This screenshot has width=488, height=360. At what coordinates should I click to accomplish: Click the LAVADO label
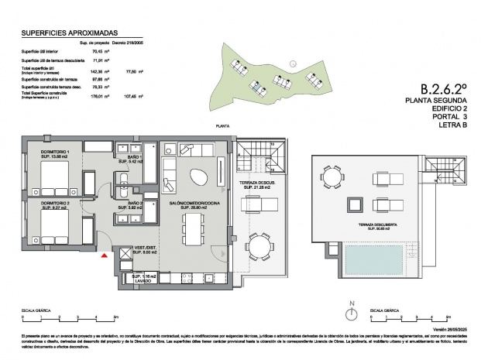pos(140,281)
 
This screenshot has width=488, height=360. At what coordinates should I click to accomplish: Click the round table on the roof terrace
pos(332,179)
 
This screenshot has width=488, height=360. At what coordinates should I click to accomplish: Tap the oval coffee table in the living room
pos(198,177)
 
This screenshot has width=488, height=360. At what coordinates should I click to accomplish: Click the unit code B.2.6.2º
pos(443,90)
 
